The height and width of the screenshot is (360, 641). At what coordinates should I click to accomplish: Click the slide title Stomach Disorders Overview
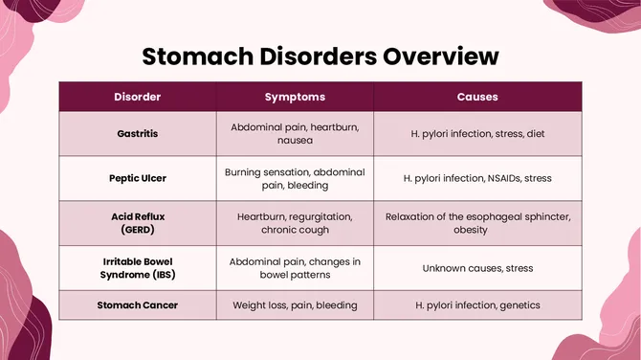(x=320, y=55)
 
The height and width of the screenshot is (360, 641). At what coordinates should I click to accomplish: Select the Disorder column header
(x=138, y=97)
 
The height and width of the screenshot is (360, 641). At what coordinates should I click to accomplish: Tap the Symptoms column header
(x=295, y=97)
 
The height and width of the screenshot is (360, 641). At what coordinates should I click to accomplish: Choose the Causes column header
(x=476, y=97)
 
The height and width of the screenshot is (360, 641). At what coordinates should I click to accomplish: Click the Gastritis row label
(x=138, y=134)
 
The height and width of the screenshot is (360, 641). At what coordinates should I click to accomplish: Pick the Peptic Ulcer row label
(x=138, y=178)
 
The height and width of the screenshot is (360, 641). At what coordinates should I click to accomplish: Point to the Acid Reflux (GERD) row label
(x=138, y=223)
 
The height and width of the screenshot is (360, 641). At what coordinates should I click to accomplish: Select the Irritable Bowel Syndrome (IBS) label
(x=138, y=267)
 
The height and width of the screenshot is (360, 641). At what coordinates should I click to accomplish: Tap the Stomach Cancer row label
(x=138, y=305)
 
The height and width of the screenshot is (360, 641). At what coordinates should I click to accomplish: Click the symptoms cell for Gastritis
(x=295, y=133)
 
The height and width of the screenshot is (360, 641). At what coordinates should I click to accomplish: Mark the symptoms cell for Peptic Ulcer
(x=295, y=178)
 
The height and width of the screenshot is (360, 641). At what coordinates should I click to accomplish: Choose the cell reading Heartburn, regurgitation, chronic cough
(x=295, y=223)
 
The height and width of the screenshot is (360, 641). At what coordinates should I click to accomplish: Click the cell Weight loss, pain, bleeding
(x=295, y=305)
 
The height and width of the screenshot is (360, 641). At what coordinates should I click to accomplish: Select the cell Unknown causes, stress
(x=477, y=268)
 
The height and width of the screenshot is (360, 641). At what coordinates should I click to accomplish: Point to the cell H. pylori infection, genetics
(x=477, y=305)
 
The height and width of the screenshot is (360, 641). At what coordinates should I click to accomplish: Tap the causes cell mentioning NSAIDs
(x=477, y=178)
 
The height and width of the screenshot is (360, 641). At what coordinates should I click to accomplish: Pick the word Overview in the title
(x=440, y=55)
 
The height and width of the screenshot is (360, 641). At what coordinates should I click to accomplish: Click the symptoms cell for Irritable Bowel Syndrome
(x=295, y=267)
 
